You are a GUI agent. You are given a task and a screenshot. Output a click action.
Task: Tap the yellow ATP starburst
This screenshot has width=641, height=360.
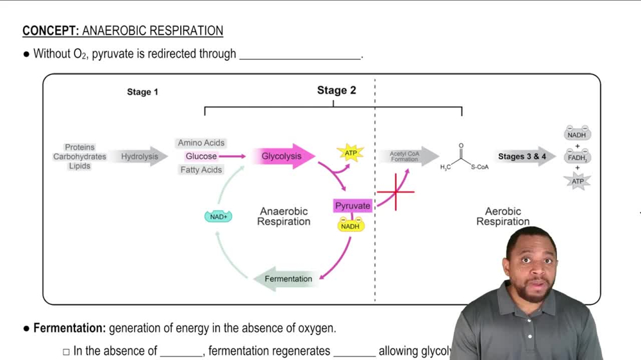pos(351,153)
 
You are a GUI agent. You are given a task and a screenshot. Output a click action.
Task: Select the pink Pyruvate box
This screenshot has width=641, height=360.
pos(353,206)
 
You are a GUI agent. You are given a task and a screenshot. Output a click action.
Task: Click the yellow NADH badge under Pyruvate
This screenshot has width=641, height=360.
pos(351,225)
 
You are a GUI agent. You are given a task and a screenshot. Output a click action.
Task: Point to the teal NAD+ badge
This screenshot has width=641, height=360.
pos(218,217)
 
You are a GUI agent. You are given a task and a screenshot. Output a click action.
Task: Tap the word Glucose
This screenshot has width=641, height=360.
pos(201,156)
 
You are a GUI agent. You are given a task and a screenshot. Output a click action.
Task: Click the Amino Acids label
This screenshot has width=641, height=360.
pos(201,143)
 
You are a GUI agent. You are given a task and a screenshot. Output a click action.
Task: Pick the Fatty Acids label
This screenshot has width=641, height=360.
pos(201,170)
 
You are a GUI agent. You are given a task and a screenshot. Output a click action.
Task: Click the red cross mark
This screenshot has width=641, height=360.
pos(396,191)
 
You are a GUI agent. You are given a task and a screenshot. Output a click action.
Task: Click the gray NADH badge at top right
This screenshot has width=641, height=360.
pos(577,135)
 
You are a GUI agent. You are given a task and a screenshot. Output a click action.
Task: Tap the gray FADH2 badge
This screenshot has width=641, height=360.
pos(577,157)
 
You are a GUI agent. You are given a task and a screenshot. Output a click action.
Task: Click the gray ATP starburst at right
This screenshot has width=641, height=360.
pos(578,181)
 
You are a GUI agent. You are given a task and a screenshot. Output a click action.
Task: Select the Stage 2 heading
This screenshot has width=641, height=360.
pos(337,90)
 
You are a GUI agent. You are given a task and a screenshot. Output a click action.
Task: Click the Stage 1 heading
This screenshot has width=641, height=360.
pos(142,92)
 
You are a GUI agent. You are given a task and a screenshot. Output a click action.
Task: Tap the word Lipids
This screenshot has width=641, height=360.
pos(79,166)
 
